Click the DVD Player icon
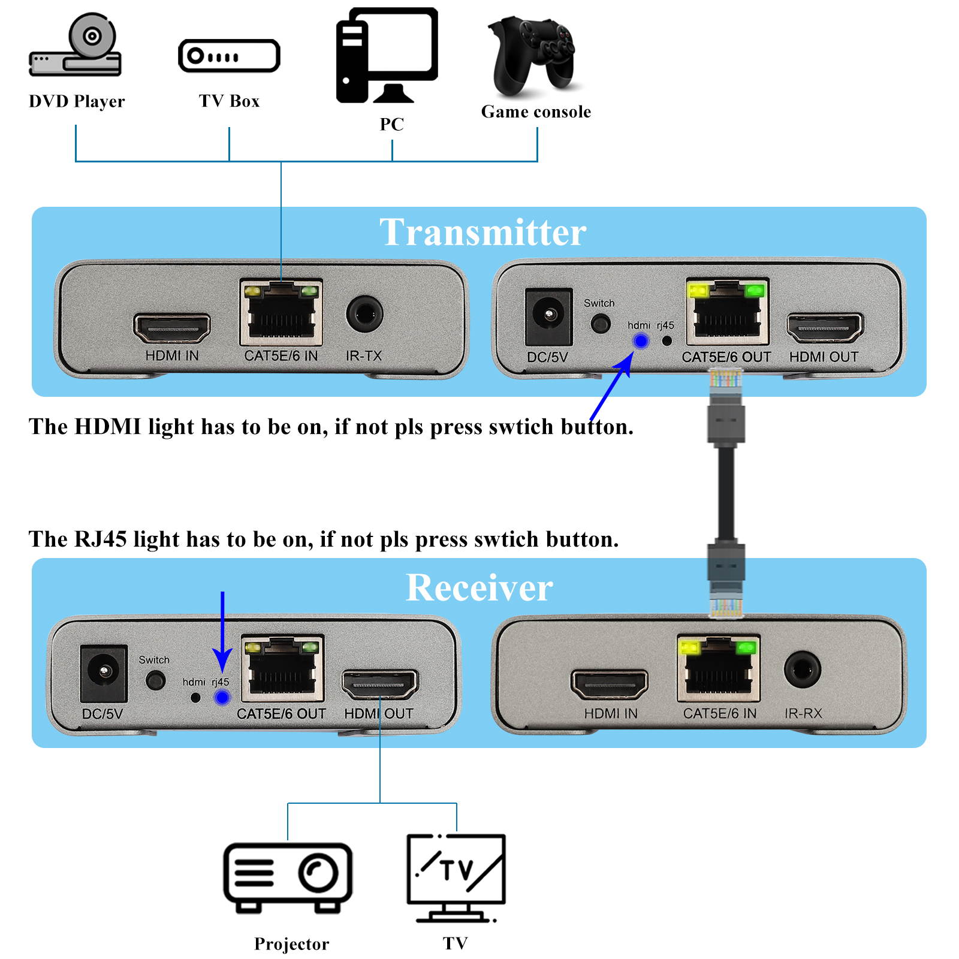pos(76,47)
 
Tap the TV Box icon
pos(229,56)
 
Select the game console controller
pos(532,57)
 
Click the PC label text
pos(391,124)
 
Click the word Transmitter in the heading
pos(482,233)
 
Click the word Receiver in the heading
pos(479,587)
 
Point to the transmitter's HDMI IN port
pos(172,328)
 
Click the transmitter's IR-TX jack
pos(364,313)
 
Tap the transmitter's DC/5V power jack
pos(548,315)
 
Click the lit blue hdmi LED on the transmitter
pos(641,341)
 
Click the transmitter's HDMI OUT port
pos(825,328)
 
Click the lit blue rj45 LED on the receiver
pos(222,698)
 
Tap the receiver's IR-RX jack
pos(802,670)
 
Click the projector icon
pos(288,877)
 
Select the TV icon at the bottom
pos(456,877)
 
